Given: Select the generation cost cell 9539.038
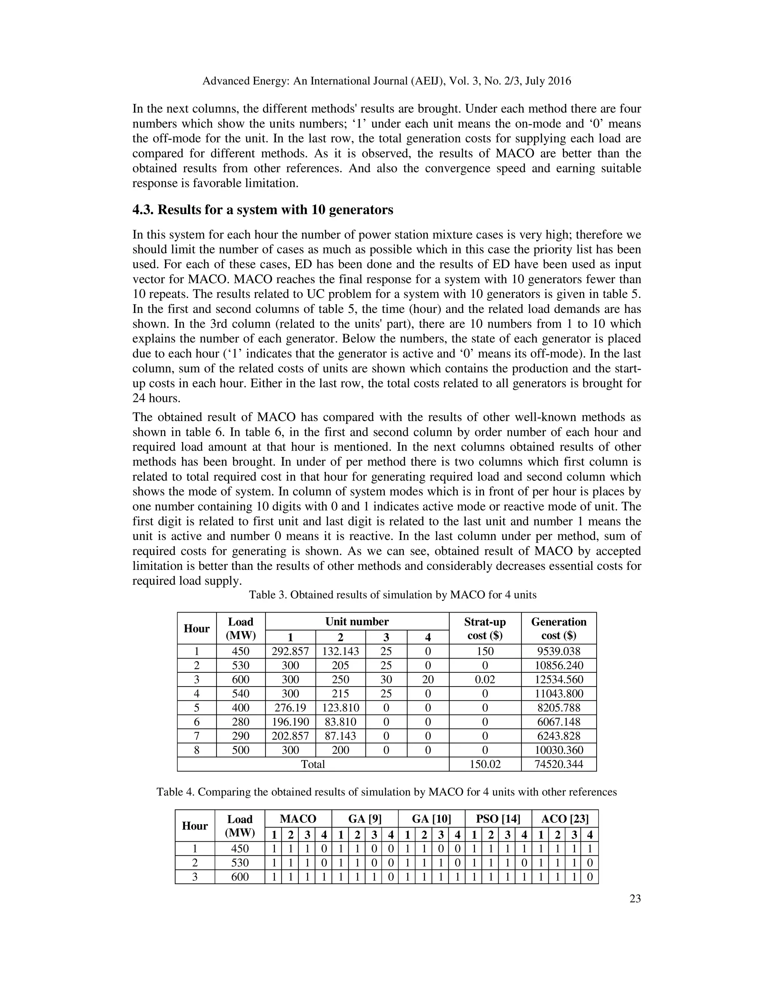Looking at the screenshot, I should (x=559, y=651).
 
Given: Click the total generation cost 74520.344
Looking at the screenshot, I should (x=559, y=764).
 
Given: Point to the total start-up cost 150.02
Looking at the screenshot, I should (x=485, y=764).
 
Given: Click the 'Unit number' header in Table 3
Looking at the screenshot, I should (x=357, y=622).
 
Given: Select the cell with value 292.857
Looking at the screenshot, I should (x=290, y=651).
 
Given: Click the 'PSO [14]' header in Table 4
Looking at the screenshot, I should (x=498, y=819).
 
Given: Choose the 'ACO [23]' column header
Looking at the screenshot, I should (x=564, y=819).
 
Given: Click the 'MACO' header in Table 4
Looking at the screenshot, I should (x=298, y=819).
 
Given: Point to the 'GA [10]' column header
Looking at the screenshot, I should (x=431, y=819).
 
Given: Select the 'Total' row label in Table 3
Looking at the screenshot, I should (x=313, y=764).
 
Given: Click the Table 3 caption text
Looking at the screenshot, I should (x=392, y=595).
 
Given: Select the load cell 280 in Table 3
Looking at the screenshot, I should (x=240, y=722).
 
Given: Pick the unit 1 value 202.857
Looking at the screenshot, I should (x=290, y=736).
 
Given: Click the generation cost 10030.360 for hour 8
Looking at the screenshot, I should (x=559, y=750).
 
